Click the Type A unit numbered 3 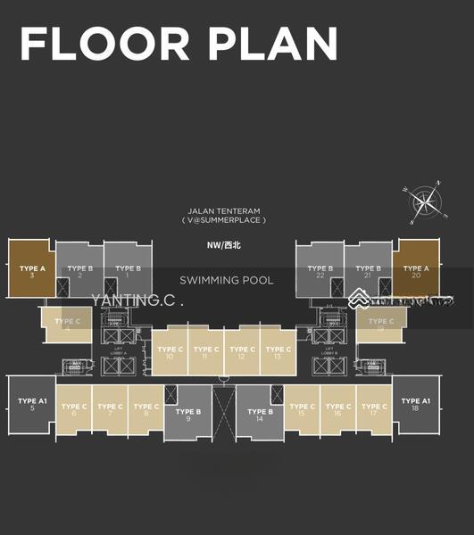click(x=32, y=271)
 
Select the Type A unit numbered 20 click(x=416, y=271)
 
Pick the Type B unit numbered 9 click(x=188, y=416)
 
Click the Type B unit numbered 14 click(x=259, y=416)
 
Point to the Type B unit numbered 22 click(x=320, y=271)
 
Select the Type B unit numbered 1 click(x=128, y=271)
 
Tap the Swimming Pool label click(x=226, y=280)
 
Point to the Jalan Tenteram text click(x=224, y=210)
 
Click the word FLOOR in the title click(x=104, y=45)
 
